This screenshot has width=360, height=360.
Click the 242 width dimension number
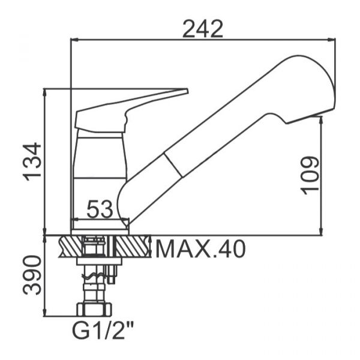[203, 29]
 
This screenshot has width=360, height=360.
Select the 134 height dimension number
[32, 161]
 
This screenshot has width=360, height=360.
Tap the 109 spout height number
[310, 175]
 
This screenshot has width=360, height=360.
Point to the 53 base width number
[100, 209]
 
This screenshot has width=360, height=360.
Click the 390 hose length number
[32, 275]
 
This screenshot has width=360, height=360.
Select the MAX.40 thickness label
[200, 249]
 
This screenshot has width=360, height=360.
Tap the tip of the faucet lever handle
[187, 91]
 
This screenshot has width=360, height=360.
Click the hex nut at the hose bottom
[94, 309]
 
